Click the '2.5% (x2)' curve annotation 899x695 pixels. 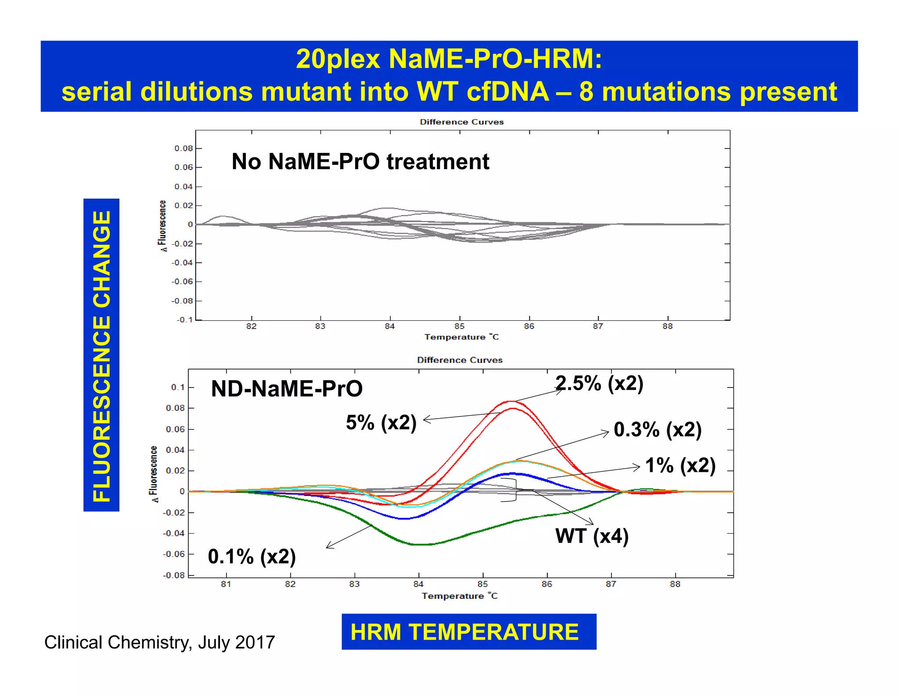(x=599, y=383)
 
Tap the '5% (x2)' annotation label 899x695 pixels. (x=381, y=423)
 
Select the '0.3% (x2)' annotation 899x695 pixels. (x=657, y=429)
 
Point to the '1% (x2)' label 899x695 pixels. (x=680, y=465)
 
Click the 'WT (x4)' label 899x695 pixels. (x=592, y=536)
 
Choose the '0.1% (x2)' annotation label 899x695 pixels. (x=252, y=557)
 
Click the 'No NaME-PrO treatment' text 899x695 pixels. (x=360, y=162)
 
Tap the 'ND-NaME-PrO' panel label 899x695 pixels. (x=287, y=389)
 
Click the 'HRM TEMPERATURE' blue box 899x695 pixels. (x=468, y=632)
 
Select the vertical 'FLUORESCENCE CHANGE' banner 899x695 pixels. (x=101, y=355)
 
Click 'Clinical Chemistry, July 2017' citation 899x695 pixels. (x=159, y=642)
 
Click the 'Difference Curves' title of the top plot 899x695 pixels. (x=461, y=122)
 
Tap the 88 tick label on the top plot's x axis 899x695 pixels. (x=667, y=326)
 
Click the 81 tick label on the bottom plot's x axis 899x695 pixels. (x=226, y=584)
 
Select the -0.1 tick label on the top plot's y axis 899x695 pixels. (x=184, y=319)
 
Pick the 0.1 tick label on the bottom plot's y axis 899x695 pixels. (x=177, y=387)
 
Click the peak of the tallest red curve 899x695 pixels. (x=511, y=401)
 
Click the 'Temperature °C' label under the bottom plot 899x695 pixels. (x=459, y=596)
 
